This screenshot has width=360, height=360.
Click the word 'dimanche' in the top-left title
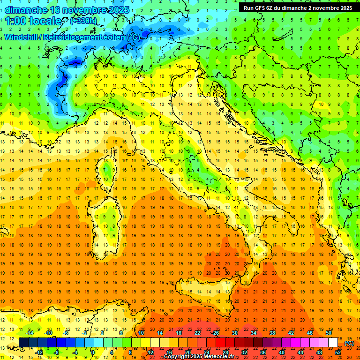[26, 10]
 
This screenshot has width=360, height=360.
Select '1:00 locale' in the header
[33, 22]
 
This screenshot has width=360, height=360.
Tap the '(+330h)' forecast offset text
[83, 21]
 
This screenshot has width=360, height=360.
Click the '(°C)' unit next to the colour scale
[349, 343]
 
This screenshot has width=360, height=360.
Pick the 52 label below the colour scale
[338, 352]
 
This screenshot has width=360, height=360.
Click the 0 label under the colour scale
[93, 352]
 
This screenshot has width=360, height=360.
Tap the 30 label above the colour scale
[235, 333]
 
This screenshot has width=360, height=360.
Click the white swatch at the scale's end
[333, 343]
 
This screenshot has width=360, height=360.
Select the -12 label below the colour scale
[39, 352]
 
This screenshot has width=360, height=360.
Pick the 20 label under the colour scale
[188, 352]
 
